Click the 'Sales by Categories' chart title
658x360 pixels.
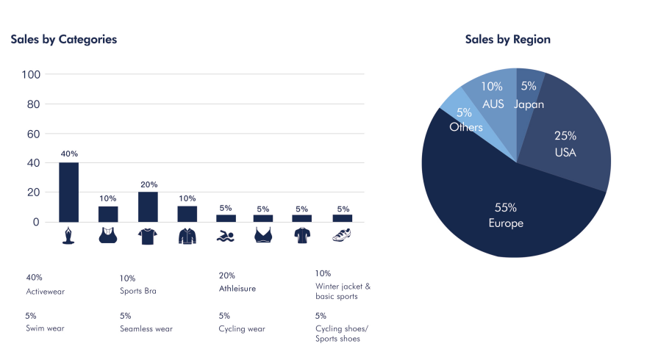pos(64,40)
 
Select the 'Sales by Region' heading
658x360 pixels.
pos(507,40)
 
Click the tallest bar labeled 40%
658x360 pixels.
pos(68,192)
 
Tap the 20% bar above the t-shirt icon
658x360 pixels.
pos(148,206)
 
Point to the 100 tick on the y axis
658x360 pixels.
pos(31,74)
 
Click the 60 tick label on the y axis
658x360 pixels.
pos(34,134)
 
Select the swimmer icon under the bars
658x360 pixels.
pos(226,236)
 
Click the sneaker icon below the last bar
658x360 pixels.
pos(342,236)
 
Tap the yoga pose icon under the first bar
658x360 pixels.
pos(68,235)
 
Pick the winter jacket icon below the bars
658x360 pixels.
pos(187,236)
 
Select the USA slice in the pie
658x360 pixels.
pos(570,147)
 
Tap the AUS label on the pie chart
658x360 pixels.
pos(493,104)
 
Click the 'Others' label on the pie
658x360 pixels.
pos(466,127)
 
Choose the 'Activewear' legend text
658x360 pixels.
pos(46,292)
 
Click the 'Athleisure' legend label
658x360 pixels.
pos(237,289)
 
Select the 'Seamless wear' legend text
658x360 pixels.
pos(146,328)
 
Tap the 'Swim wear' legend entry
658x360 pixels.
pos(45,328)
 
